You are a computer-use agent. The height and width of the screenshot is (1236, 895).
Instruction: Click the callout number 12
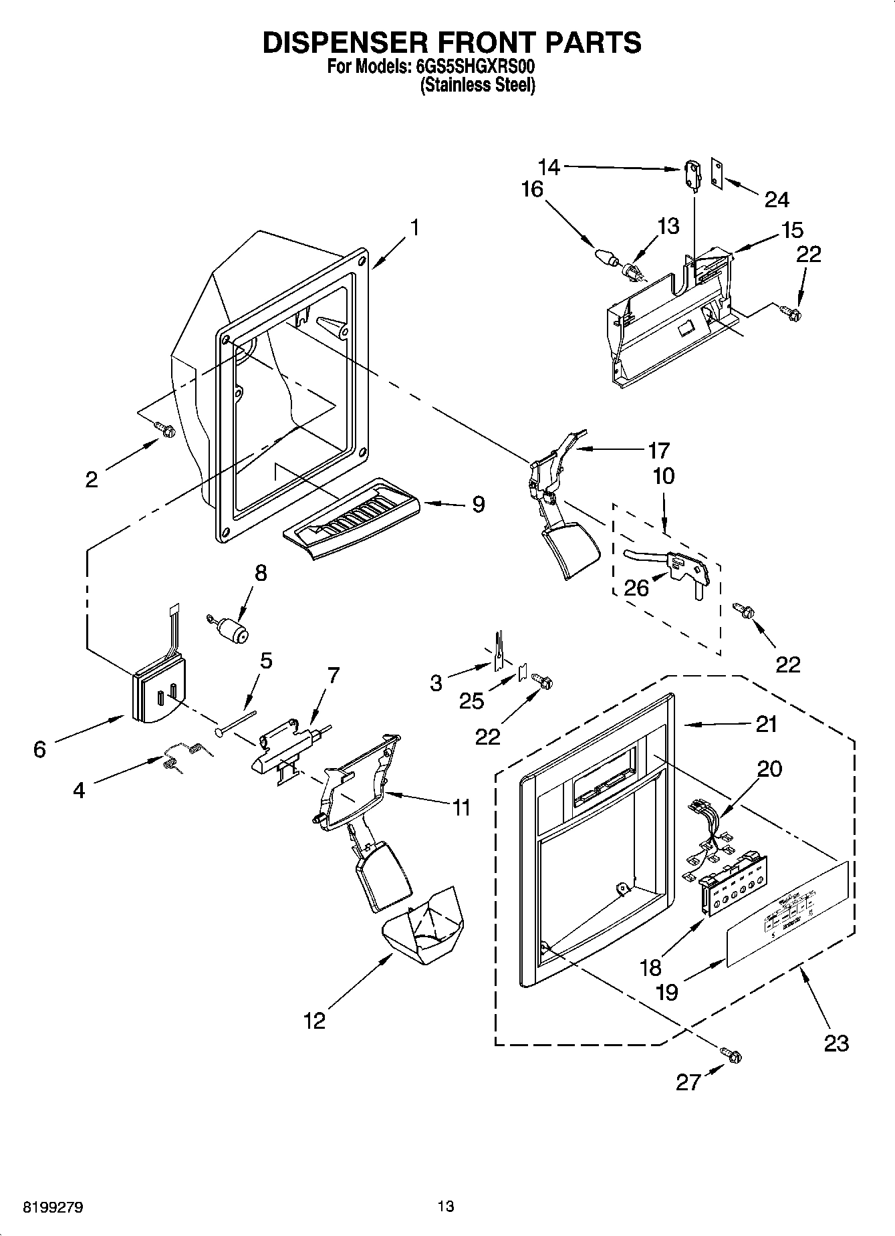click(x=314, y=1020)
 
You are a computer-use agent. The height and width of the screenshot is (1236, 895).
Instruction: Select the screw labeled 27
click(x=731, y=1055)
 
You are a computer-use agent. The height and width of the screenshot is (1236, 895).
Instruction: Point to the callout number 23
click(x=836, y=1042)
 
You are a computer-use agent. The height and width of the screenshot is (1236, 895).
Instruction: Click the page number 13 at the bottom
click(x=446, y=1207)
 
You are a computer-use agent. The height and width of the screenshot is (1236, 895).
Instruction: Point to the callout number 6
click(x=40, y=749)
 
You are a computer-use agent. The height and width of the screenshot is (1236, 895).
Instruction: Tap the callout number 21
click(x=766, y=723)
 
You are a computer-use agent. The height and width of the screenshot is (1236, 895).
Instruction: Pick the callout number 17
click(x=658, y=449)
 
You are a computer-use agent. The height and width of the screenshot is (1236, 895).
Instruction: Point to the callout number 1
click(x=414, y=228)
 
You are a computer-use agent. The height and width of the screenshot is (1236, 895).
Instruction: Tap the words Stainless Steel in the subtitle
click(x=477, y=86)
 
